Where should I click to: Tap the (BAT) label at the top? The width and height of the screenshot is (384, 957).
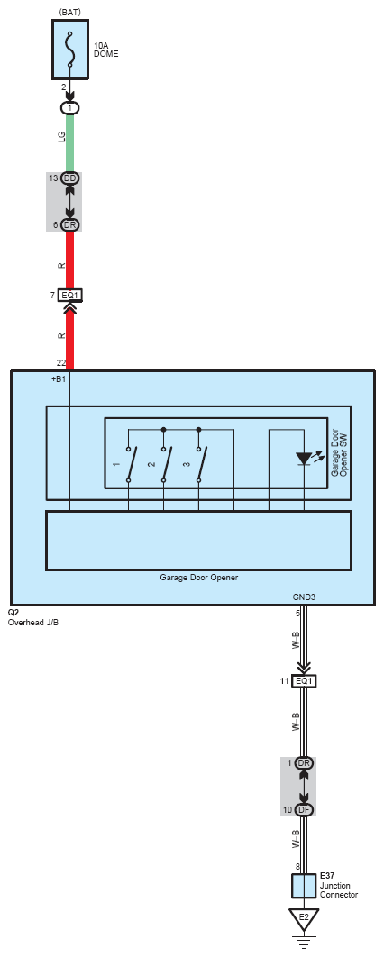click(70, 12)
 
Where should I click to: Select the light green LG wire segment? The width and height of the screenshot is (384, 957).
click(69, 142)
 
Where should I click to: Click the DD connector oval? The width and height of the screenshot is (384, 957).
click(69, 178)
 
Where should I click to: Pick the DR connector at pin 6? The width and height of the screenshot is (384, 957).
click(69, 225)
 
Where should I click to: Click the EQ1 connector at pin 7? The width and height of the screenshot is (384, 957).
click(69, 296)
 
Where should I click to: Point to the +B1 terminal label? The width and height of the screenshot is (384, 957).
click(59, 379)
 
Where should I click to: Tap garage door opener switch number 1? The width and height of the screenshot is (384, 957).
click(129, 465)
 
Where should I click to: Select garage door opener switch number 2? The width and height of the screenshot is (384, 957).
click(164, 465)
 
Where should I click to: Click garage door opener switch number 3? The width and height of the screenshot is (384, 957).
click(199, 465)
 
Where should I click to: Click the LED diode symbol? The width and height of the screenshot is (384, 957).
click(304, 459)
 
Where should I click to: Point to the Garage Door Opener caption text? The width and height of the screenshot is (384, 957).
click(199, 577)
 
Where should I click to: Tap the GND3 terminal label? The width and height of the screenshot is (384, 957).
click(304, 597)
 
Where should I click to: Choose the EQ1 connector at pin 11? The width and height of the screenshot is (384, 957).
click(304, 680)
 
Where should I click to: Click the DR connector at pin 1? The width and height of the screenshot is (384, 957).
click(304, 763)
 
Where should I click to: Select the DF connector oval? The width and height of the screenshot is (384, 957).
click(304, 810)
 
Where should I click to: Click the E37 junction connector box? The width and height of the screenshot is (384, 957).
click(304, 886)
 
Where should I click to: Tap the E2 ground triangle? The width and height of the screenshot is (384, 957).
click(304, 917)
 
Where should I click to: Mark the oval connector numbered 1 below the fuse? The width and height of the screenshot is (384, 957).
click(69, 108)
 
